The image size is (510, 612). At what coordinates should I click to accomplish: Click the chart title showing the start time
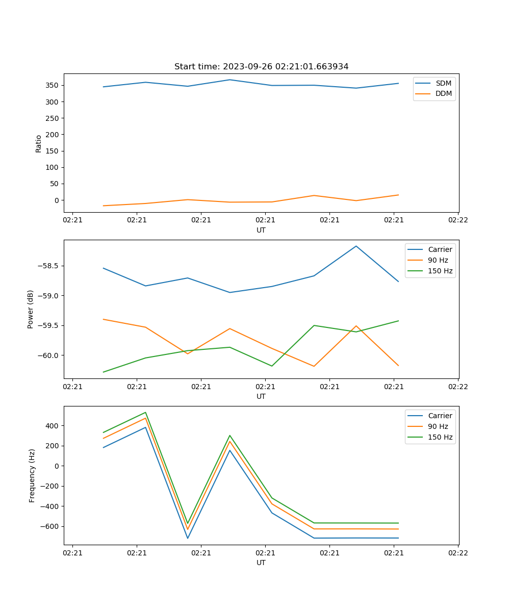[261, 67]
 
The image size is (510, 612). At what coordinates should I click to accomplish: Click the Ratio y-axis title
[39, 143]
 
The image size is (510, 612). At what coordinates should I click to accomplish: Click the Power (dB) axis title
[31, 309]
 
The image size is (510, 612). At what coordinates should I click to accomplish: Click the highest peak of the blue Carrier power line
[356, 246]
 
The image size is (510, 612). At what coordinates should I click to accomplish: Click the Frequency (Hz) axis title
[32, 475]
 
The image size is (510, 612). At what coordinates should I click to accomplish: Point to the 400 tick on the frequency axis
[54, 426]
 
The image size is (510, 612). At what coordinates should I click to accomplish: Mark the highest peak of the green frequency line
[145, 413]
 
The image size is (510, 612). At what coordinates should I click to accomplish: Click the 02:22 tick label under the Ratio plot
[457, 220]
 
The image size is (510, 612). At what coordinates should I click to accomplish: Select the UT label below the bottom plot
[261, 563]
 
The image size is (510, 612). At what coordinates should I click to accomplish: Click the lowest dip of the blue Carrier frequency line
[188, 538]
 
